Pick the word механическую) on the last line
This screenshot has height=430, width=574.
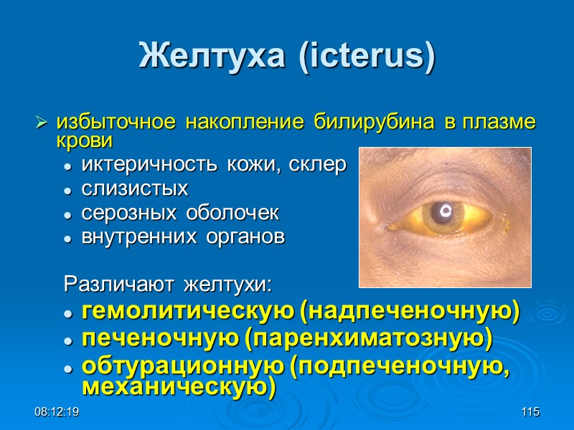[179, 386]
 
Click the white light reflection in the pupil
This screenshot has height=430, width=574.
[445, 211]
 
